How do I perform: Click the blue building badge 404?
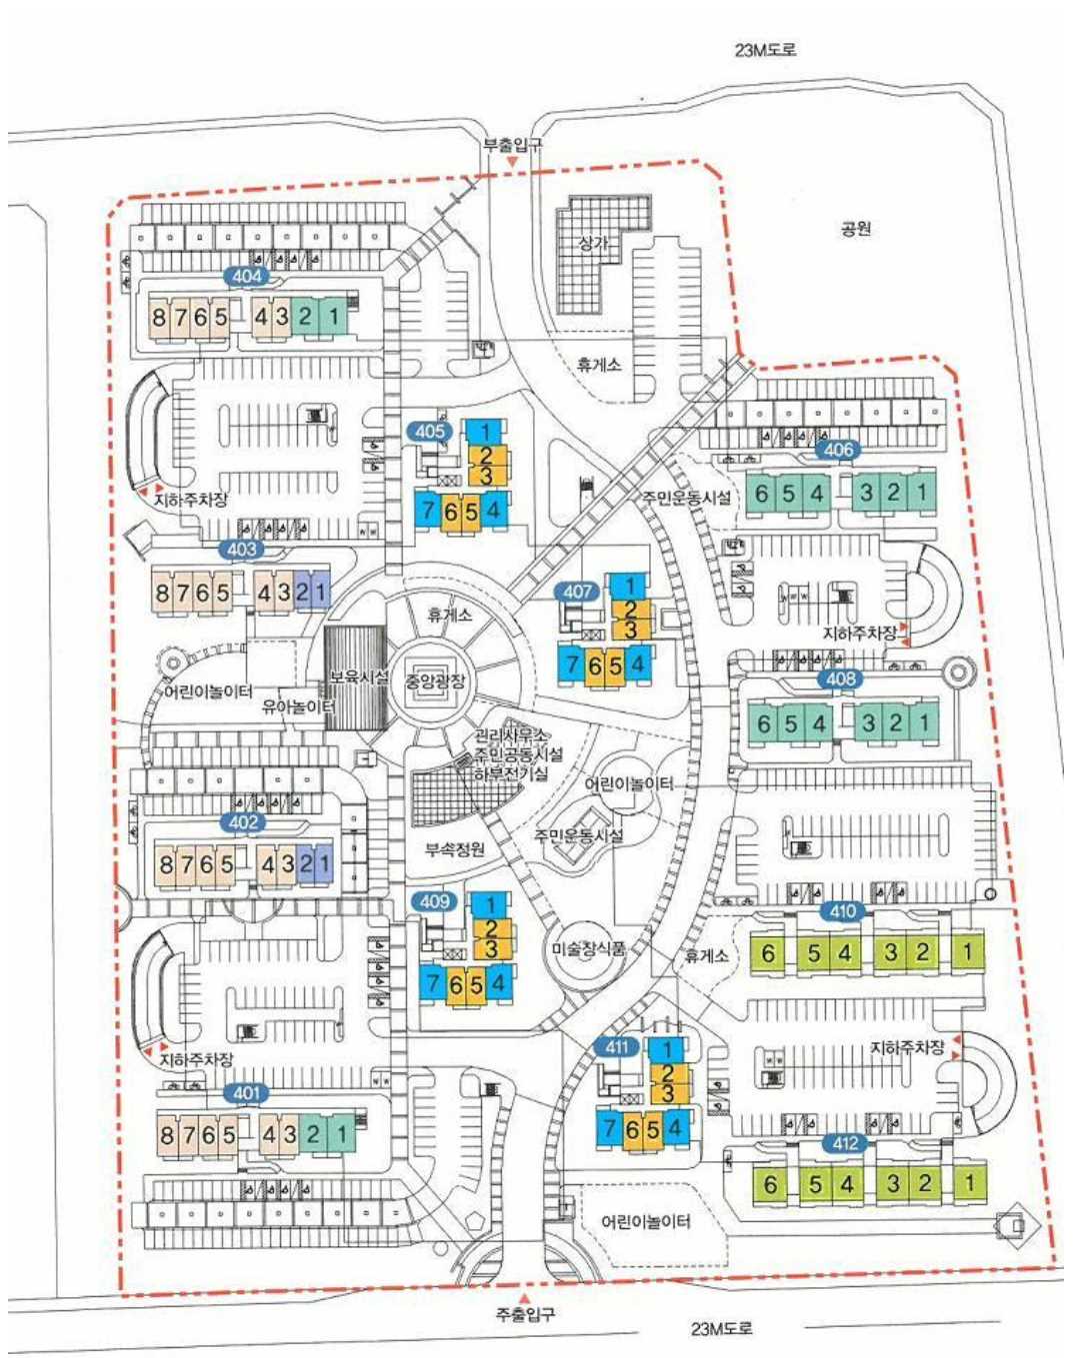[247, 277]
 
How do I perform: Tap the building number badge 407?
[577, 592]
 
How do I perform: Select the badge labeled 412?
[846, 1143]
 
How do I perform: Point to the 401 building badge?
[246, 1093]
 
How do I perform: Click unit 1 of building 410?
[968, 951]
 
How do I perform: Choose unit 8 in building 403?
[162, 594]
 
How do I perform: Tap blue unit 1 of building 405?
[485, 433]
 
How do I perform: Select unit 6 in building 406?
[762, 494]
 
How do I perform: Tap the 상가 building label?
[594, 243]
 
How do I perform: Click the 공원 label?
[856, 229]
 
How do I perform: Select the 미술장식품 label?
[588, 949]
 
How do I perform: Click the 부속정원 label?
[455, 849]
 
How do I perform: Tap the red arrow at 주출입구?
[525, 1297]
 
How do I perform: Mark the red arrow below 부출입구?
[512, 161]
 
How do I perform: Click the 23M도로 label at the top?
[765, 50]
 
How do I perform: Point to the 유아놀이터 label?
[298, 706]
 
